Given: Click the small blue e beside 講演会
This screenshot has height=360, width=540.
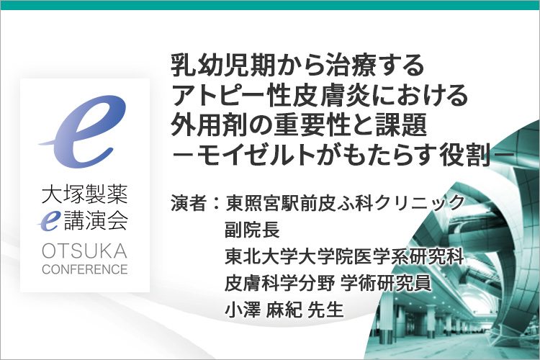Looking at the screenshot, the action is (x=49, y=221).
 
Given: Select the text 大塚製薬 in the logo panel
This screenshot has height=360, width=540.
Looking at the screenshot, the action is (x=84, y=194).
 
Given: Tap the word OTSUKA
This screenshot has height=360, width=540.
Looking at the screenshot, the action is (x=84, y=251).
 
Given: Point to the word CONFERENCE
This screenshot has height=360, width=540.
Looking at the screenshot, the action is (x=85, y=269).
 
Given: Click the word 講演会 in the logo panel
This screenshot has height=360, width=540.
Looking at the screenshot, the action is (x=96, y=221).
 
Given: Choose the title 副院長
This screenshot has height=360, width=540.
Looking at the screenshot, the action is (x=252, y=230).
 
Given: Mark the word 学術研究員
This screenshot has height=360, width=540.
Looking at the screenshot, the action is (x=386, y=284).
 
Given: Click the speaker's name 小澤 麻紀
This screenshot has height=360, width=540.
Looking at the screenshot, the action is (x=264, y=310).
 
